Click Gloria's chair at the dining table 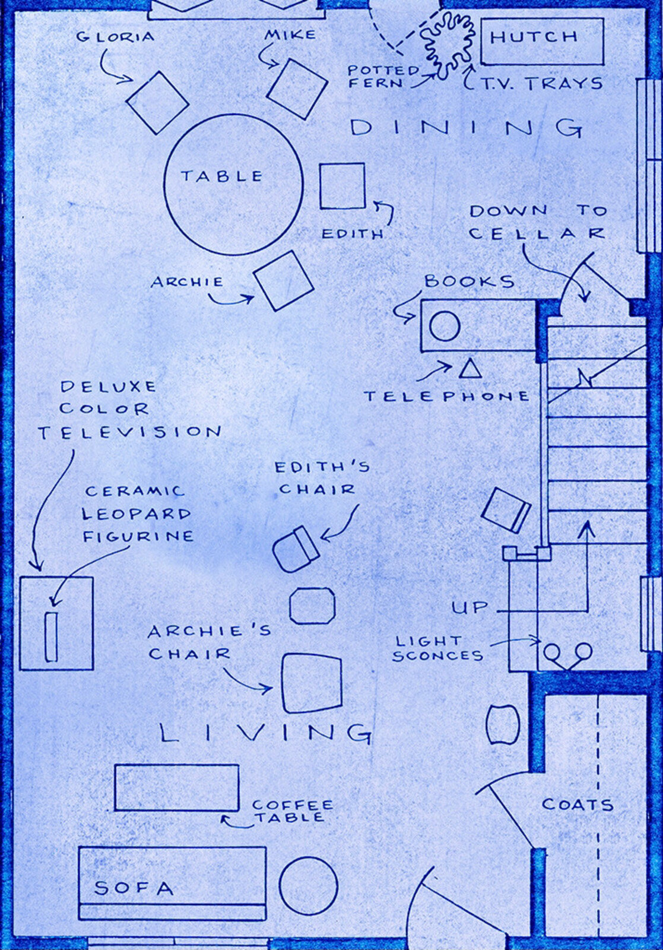point(157,103)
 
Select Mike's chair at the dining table point(297,88)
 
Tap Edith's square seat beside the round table point(342,186)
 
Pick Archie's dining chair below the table point(284,281)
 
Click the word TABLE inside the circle point(222,176)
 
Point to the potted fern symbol point(447,45)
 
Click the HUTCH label point(534,37)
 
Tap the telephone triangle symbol point(470,368)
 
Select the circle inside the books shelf point(444,327)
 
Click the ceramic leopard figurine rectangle point(51,636)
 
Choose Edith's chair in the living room point(296,549)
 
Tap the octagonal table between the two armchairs point(312,606)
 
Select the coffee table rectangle point(177,788)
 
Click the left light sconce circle point(552,651)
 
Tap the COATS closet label point(578,805)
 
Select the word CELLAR point(537,234)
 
